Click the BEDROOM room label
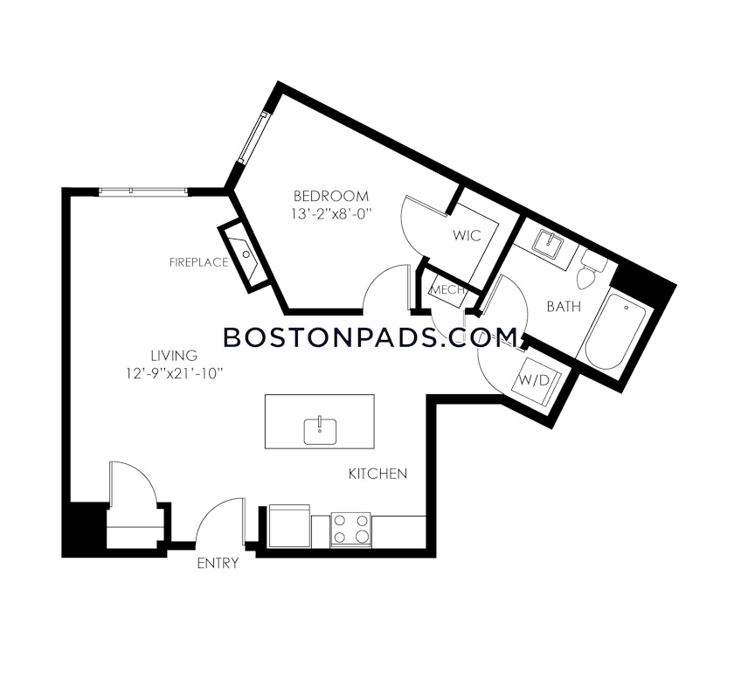(330, 196)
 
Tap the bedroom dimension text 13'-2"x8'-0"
(332, 213)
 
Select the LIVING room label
(173, 356)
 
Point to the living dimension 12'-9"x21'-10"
(175, 373)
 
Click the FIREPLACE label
(198, 262)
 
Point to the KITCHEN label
(377, 474)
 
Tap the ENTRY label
(217, 564)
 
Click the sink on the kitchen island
(320, 429)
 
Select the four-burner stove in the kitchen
(350, 530)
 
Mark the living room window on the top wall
(142, 191)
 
